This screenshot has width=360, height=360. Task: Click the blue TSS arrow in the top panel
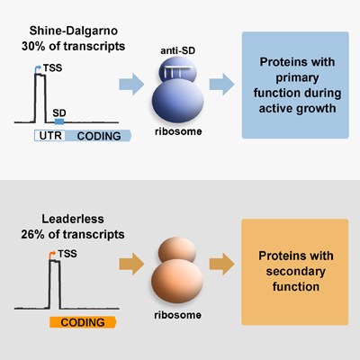[38, 69]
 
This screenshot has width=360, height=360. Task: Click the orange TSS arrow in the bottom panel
[52, 255]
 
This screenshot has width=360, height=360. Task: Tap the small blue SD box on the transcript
[59, 121]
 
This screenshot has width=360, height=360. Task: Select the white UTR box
[49, 136]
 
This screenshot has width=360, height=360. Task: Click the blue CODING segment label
[99, 136]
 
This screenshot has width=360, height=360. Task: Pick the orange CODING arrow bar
[83, 322]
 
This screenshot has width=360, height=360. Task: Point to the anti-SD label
[177, 50]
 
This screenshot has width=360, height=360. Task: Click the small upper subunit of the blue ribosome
[178, 71]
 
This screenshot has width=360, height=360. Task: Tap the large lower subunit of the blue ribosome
[178, 101]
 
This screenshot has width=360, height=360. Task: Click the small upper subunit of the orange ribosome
[177, 251]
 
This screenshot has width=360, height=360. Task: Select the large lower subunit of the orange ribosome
[177, 282]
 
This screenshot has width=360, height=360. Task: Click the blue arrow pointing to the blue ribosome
[131, 85]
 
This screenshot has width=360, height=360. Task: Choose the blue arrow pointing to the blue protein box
[222, 85]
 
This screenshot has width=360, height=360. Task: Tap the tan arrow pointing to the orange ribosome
[131, 264]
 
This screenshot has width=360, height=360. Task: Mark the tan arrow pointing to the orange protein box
[222, 264]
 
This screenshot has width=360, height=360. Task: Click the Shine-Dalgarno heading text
[74, 31]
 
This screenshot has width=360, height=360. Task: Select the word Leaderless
[73, 219]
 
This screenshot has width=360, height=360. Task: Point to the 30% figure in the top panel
[33, 46]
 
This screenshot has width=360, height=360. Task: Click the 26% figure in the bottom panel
[32, 234]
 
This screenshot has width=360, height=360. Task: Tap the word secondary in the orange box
[295, 272]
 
